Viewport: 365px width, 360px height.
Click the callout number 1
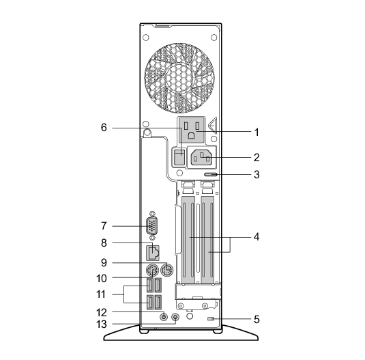[257, 133]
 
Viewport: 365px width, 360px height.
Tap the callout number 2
[257, 158]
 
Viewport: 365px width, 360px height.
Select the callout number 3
[257, 174]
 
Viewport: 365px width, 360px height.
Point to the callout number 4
[257, 237]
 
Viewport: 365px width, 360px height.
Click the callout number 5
[257, 320]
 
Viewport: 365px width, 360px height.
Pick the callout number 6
[104, 128]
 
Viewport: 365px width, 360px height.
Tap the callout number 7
[104, 226]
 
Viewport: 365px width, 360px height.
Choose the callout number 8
[104, 243]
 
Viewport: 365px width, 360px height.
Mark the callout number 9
[104, 263]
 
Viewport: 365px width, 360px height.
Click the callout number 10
[102, 279]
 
